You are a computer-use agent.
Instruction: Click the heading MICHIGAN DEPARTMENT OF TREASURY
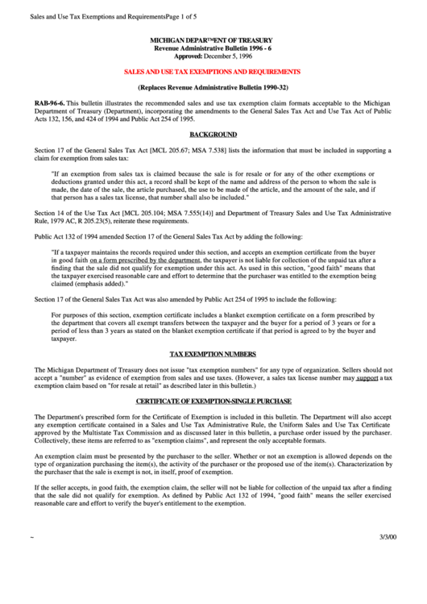tap(213, 40)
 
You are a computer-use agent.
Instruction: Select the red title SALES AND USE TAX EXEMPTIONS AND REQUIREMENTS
tap(213, 71)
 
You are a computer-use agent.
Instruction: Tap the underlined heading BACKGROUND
tap(213, 134)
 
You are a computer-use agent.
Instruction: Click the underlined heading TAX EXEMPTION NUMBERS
tap(213, 354)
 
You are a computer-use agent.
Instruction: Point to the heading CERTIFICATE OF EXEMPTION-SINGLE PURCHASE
tap(213, 402)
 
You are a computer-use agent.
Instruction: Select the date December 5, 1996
tap(226, 56)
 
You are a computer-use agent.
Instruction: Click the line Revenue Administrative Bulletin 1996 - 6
tap(213, 48)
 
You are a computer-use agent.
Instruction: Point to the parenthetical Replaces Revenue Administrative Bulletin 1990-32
tap(213, 87)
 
